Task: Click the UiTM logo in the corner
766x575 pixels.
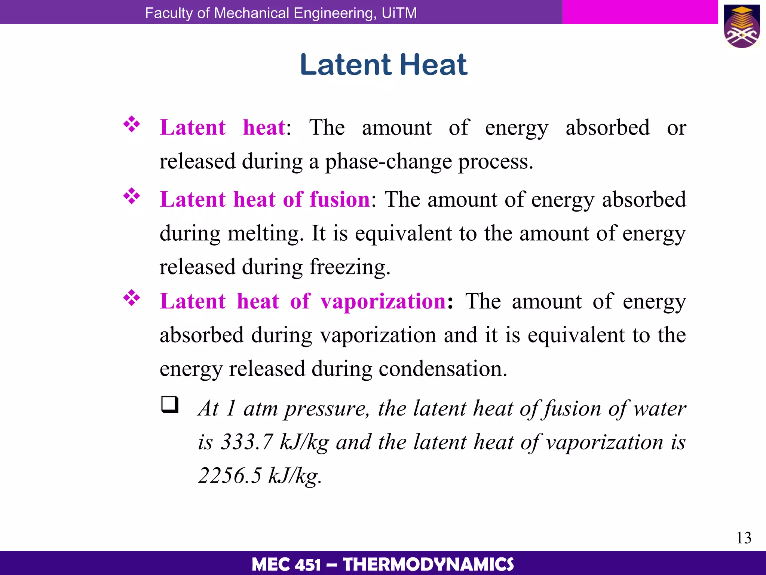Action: click(741, 26)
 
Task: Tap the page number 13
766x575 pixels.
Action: click(744, 538)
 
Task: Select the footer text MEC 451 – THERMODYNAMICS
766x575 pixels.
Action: click(383, 564)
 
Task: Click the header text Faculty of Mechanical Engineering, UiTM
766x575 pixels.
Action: click(281, 13)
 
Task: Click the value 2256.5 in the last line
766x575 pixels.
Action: click(230, 475)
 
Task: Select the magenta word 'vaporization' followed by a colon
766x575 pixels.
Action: click(383, 301)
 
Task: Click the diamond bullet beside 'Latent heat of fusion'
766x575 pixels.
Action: click(132, 196)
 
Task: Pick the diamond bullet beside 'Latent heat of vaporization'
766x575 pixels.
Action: click(132, 298)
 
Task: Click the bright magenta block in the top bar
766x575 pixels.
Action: click(640, 12)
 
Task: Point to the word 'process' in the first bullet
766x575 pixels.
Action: click(493, 162)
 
